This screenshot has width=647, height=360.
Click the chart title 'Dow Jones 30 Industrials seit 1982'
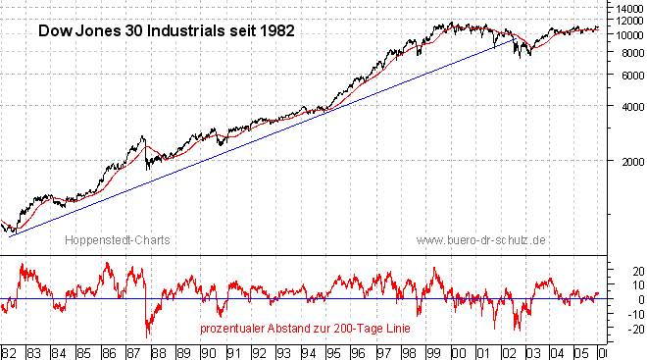[x=166, y=30]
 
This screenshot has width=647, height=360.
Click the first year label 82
[x=10, y=351]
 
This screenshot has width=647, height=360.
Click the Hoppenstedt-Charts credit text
[x=106, y=239]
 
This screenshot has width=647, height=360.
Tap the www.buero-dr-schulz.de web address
[x=480, y=239]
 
